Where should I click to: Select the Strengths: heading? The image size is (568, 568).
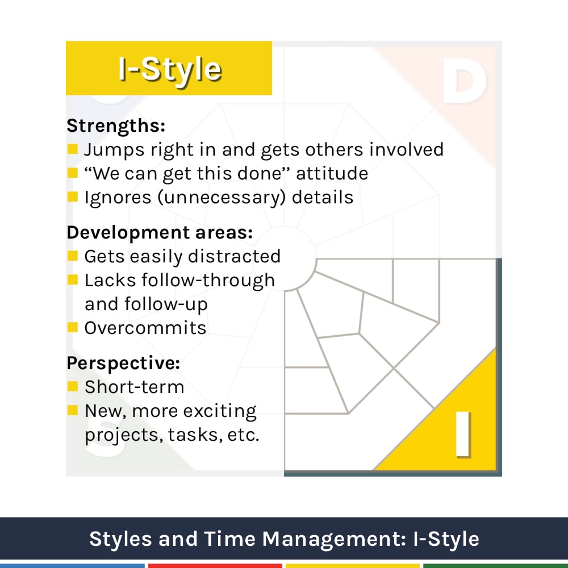click(x=116, y=126)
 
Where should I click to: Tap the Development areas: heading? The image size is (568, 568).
click(x=160, y=233)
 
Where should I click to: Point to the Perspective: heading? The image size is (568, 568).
click(x=123, y=363)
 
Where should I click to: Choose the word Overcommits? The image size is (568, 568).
click(x=145, y=328)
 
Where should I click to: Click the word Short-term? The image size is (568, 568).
click(x=135, y=387)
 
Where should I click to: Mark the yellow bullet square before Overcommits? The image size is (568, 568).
click(x=72, y=327)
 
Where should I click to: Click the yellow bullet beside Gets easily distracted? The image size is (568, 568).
click(x=72, y=256)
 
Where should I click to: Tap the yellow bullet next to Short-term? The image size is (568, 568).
click(x=72, y=387)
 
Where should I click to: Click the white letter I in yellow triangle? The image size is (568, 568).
click(x=463, y=435)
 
